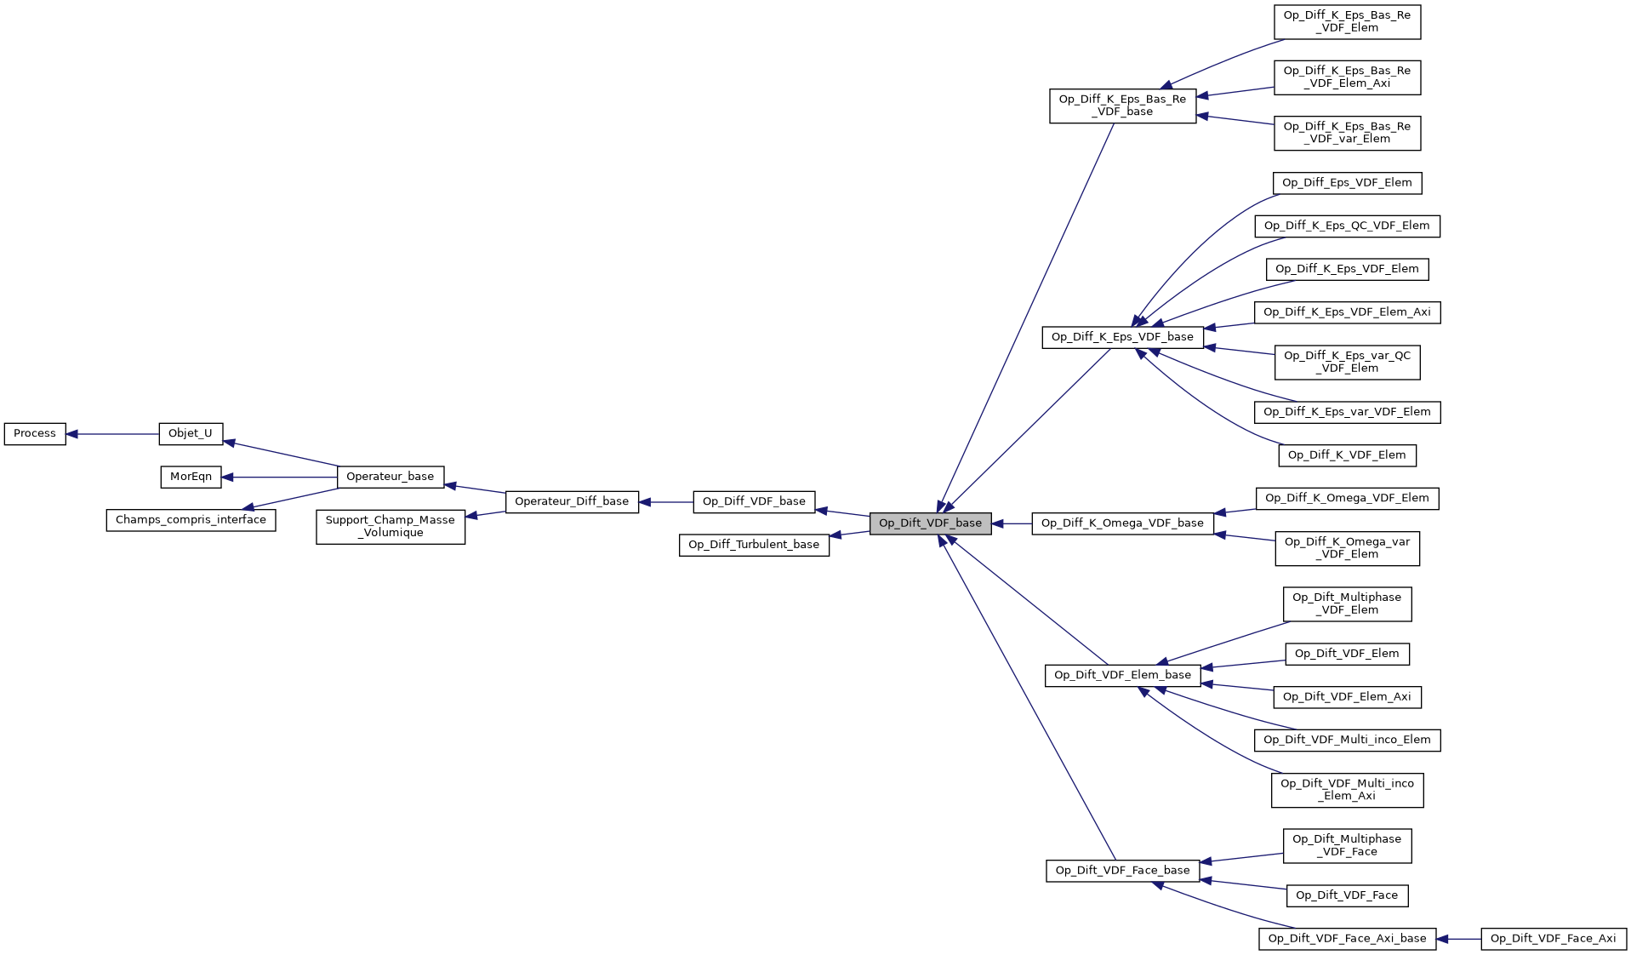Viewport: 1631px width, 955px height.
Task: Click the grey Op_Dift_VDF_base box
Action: [930, 523]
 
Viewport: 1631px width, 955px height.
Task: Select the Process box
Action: [35, 433]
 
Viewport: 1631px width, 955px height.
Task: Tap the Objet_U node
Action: [191, 433]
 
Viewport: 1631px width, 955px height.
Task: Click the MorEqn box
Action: [191, 477]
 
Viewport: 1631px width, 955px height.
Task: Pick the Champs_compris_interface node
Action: [191, 520]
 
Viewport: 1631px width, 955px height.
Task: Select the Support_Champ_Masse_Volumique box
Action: [391, 527]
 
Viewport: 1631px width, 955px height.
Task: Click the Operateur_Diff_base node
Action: [572, 501]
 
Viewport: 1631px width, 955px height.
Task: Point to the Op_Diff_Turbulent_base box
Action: [754, 545]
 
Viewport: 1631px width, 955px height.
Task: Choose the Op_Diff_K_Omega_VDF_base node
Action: [1122, 523]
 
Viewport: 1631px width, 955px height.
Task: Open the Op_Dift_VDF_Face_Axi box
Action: [1553, 939]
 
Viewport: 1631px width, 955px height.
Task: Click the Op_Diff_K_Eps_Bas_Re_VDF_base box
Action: [1122, 106]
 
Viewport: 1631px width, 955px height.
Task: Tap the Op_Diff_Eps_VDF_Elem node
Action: [1347, 183]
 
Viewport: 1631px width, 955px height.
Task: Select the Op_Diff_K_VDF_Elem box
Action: [1347, 455]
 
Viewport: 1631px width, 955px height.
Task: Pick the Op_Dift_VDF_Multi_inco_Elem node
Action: [1347, 740]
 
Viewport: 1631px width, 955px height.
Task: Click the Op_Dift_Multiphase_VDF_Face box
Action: [1347, 845]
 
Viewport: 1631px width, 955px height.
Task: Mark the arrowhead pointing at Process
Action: [72, 434]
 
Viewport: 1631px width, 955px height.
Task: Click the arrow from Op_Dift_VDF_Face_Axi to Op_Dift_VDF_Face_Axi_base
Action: [1459, 939]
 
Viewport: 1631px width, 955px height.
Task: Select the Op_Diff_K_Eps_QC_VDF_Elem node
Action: [1347, 226]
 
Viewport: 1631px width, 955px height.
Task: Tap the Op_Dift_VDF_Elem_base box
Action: [1122, 675]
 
